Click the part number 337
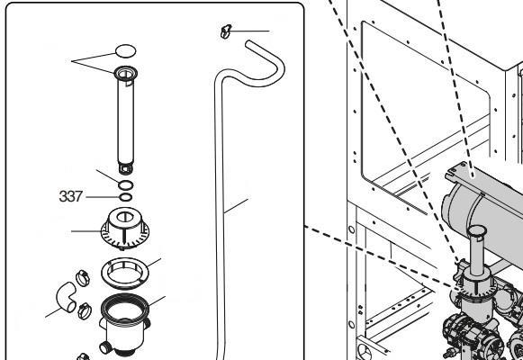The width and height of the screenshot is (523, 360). pos(70,196)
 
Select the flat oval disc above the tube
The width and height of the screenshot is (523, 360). pos(125,51)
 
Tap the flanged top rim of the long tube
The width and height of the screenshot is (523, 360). pos(126,73)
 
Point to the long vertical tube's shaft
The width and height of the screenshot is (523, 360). pos(126,120)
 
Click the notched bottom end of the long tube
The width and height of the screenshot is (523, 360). pos(126,168)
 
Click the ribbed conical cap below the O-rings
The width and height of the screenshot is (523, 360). pos(125,229)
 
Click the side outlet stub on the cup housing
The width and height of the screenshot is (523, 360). pos(104,347)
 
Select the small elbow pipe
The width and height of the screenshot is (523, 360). pos(66,297)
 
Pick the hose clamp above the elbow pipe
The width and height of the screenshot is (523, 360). pos(83,278)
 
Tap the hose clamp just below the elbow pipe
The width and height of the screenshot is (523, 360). pos(85,310)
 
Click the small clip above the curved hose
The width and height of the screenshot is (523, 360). pos(225,31)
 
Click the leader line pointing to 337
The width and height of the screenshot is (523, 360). pos(103,197)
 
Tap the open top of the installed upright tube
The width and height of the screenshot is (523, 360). pos(477,230)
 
